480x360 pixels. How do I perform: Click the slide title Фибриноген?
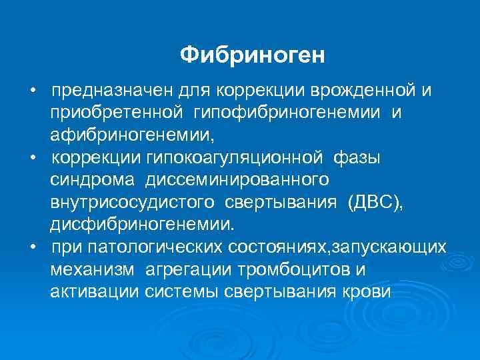tap(252, 55)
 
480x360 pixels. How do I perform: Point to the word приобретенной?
tap(115, 113)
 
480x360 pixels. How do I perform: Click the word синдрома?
tap(85, 181)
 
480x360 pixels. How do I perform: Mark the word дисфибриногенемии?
tap(141, 226)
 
